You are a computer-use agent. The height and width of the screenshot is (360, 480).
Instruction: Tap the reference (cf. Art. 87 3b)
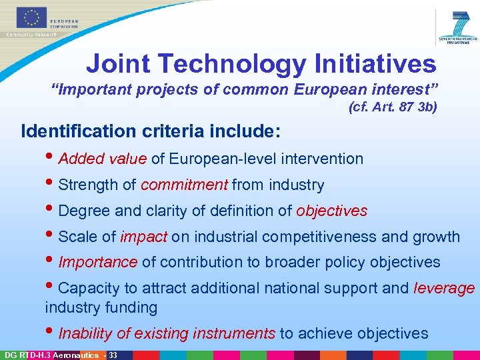tap(393, 107)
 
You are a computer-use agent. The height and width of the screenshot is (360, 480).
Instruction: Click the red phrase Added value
tap(102, 159)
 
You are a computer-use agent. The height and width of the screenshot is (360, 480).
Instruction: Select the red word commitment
tap(185, 185)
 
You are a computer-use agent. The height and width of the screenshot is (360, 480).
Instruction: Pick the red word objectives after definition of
tap(331, 211)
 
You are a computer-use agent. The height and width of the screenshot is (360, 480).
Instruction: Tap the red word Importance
tap(97, 263)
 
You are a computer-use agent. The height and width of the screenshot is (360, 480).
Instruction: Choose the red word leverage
tap(444, 289)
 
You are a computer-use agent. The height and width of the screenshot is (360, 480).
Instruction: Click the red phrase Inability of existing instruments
tap(167, 333)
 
